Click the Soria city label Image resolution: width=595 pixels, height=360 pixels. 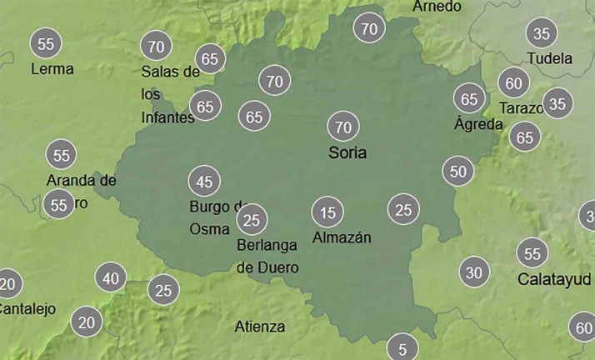click(x=347, y=153)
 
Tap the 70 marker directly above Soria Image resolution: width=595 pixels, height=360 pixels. click(x=342, y=127)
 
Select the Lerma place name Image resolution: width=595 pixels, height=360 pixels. click(x=52, y=69)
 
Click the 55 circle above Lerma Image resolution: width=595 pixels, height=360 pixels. click(x=46, y=43)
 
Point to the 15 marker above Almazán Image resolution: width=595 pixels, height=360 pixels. click(x=327, y=212)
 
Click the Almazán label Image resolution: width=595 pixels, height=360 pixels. click(x=342, y=237)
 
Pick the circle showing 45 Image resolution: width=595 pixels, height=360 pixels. click(x=204, y=181)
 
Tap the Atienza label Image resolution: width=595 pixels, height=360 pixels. click(x=260, y=327)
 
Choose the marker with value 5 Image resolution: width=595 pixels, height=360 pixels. click(x=402, y=349)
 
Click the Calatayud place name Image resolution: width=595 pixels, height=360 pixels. click(x=555, y=278)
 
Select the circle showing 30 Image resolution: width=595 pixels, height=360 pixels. click(x=474, y=272)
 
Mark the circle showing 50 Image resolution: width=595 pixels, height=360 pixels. click(x=457, y=172)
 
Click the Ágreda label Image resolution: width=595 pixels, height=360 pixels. click(x=478, y=125)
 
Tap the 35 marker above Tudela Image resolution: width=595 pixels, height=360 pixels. click(x=542, y=34)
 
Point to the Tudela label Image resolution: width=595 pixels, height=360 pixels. click(x=550, y=59)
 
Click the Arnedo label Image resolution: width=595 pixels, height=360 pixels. click(x=437, y=7)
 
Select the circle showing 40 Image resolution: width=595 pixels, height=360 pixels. click(x=111, y=278)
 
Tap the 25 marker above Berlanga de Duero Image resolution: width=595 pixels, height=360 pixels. click(x=252, y=220)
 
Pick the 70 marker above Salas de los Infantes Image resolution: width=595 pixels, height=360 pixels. click(x=156, y=46)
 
